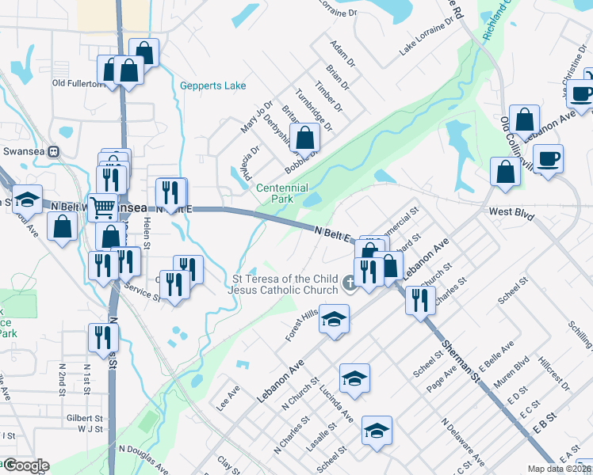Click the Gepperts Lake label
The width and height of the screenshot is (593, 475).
212,85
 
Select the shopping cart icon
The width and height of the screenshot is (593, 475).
103,208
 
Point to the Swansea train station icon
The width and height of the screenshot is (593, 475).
54,151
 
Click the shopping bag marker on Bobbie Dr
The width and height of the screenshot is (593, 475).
304,139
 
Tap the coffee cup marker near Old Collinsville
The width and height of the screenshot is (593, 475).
548,158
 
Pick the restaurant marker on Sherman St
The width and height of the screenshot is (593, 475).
420,300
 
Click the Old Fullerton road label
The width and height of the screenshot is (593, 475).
78,82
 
